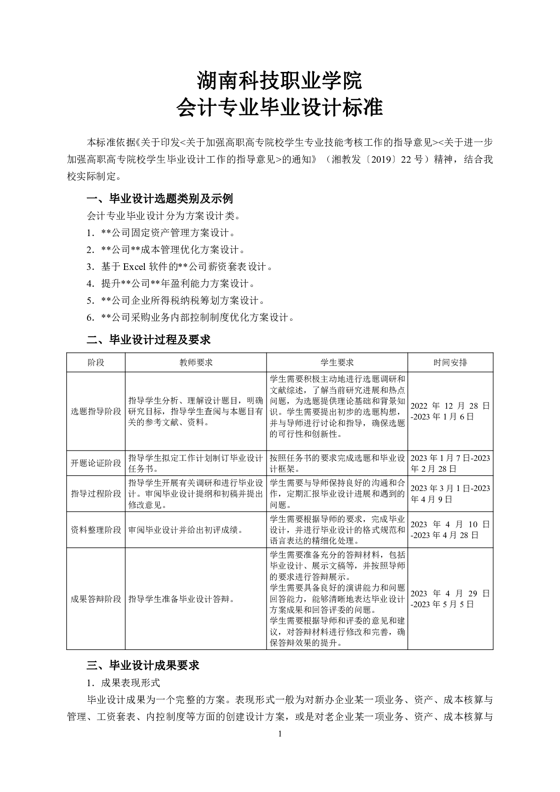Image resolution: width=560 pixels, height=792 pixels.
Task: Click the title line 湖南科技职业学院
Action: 279,81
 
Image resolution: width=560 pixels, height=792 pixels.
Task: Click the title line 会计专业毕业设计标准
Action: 279,108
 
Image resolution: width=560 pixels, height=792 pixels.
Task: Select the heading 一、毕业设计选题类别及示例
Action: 160,198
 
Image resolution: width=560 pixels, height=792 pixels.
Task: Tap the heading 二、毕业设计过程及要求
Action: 149,340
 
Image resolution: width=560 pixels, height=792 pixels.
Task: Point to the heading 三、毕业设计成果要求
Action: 143,665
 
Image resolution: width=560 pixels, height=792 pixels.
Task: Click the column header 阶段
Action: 96,363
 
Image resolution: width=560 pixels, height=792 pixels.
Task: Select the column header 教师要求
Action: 196,363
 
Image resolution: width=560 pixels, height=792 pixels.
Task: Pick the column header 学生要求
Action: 337,363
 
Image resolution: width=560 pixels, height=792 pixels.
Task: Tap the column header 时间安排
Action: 450,363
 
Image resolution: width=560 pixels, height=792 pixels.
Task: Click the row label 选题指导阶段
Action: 96,412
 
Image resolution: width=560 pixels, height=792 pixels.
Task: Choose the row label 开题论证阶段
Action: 96,463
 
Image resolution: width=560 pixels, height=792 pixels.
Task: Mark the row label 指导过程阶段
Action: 96,494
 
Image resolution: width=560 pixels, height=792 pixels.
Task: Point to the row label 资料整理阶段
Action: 96,530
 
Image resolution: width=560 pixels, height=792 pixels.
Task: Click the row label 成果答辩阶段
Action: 96,599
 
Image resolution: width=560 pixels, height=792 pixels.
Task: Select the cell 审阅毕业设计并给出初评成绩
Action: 186,530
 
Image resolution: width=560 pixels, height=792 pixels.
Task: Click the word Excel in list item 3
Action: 134,267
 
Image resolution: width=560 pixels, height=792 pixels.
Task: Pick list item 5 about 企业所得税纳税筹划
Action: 176,301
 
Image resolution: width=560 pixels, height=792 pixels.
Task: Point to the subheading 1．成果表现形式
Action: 124,682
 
